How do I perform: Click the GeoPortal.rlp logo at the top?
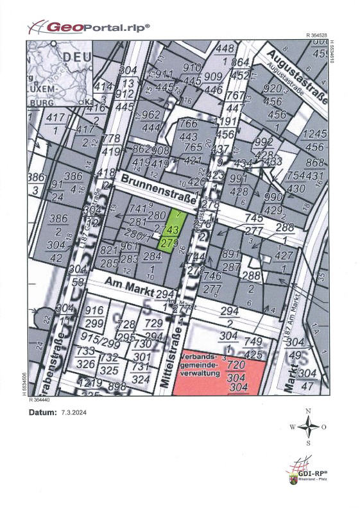[x=90, y=27]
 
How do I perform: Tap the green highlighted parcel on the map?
[x=170, y=231]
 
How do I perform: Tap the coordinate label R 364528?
[x=318, y=36]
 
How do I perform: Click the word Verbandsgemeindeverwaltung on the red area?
[x=199, y=362]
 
